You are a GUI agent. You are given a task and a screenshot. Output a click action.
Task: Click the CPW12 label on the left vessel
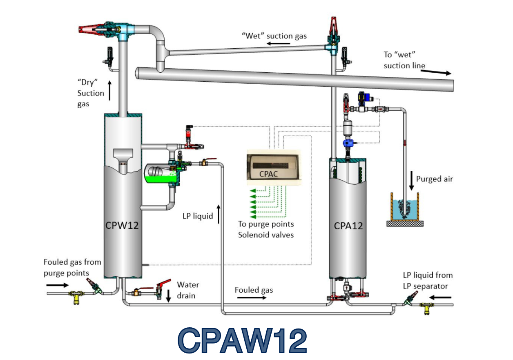(122, 225)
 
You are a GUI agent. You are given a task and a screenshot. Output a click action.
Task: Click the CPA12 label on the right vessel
(348, 226)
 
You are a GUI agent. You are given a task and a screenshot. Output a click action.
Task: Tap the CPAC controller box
(274, 167)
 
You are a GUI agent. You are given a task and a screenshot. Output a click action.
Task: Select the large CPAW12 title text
(242, 340)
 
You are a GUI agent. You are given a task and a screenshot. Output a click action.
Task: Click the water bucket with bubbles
(405, 207)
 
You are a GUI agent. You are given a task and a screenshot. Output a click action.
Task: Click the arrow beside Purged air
(411, 181)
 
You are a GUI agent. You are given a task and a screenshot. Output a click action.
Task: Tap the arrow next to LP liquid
(219, 214)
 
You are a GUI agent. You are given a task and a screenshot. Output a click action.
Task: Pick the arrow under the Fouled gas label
(252, 297)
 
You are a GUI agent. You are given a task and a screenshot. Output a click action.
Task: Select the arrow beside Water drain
(168, 296)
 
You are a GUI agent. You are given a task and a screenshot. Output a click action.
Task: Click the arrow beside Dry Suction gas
(110, 90)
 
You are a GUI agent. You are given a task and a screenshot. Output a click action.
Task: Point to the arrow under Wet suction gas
(278, 43)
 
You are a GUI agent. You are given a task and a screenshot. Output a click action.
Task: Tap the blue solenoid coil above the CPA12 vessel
(348, 143)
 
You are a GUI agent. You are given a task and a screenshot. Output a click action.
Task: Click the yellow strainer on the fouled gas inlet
(77, 296)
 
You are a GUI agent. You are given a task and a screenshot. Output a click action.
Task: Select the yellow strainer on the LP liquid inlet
(426, 308)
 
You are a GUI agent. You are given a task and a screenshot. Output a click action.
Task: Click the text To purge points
(266, 224)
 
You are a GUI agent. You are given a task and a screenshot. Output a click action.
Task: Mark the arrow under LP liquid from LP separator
(440, 297)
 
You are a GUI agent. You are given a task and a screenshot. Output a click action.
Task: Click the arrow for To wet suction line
(436, 72)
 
